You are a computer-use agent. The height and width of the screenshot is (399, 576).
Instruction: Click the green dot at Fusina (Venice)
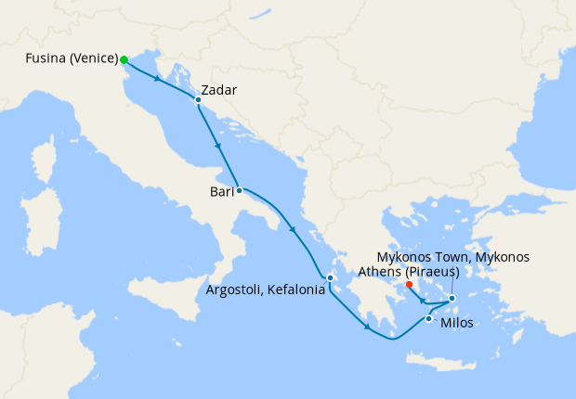tap(124, 59)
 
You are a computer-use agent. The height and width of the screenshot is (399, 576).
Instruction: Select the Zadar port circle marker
tap(198, 99)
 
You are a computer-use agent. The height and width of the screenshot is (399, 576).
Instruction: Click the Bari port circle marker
tap(239, 190)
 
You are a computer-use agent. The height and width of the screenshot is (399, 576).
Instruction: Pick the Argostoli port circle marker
tap(330, 277)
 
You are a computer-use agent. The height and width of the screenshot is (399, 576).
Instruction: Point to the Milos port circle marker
tap(427, 319)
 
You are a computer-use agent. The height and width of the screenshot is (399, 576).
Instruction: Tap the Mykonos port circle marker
tap(452, 298)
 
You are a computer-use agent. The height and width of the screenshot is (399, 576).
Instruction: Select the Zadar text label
tap(219, 91)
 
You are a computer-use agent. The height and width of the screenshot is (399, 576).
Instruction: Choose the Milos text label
tap(457, 324)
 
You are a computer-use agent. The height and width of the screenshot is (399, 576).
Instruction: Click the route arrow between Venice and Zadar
tap(157, 78)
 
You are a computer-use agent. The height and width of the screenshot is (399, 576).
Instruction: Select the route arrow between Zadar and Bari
tap(217, 147)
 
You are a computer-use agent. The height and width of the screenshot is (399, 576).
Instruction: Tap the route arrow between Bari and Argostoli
tap(293, 230)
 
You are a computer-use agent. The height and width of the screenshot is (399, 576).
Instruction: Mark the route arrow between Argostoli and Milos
tap(368, 327)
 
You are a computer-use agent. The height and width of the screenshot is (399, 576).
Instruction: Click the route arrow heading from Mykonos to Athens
tap(423, 301)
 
